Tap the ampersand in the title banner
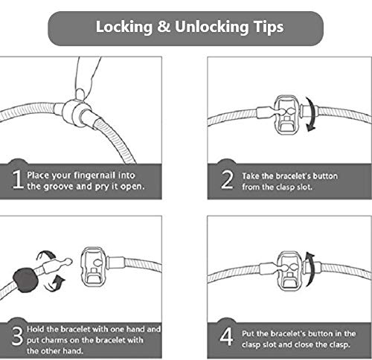coord(164,26)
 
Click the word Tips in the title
coord(269,27)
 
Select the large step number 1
coord(17,179)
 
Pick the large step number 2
coord(227,179)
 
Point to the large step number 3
coord(17,335)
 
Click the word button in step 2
coord(325,176)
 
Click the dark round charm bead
coord(25,280)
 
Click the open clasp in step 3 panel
coord(93,267)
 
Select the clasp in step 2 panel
coord(286,115)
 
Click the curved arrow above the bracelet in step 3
coord(47,255)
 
